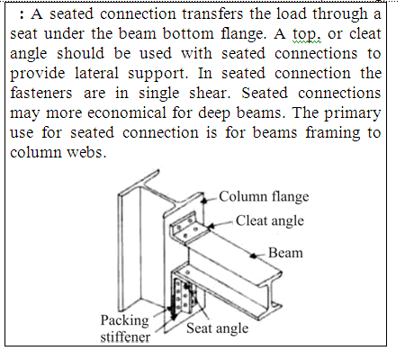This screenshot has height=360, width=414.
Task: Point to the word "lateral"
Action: tap(96, 73)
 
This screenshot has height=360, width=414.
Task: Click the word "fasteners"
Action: tap(41, 93)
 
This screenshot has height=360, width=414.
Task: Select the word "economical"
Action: tap(127, 112)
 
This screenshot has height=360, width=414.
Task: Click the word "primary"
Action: tap(352, 114)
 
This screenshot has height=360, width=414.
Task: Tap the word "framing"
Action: tap(333, 133)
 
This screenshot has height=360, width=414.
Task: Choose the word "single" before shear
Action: tap(158, 94)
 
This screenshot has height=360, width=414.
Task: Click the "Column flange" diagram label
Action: tap(264, 197)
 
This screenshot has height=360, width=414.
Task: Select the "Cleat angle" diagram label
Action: tap(270, 221)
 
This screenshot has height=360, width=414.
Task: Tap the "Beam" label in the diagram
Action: tap(285, 253)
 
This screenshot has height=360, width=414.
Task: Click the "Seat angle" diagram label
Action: tap(217, 328)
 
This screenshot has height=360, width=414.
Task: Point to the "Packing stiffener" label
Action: tap(125, 328)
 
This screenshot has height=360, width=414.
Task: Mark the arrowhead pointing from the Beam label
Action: tap(254, 256)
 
